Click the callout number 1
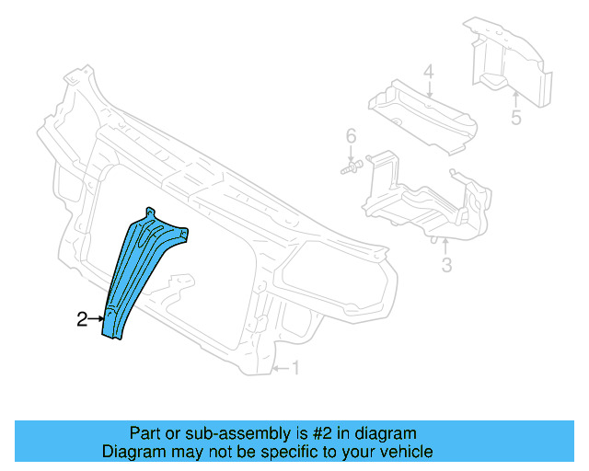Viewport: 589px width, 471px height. tap(295, 369)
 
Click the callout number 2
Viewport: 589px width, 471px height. tap(82, 319)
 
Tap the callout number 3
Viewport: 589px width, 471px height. tap(446, 267)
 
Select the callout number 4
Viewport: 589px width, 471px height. tap(428, 72)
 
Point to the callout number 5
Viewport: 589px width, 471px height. tap(515, 118)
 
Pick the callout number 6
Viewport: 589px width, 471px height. tap(350, 138)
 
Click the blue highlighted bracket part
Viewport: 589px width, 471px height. tap(138, 271)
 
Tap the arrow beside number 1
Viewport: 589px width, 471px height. tap(282, 370)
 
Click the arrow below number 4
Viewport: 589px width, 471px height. tap(428, 88)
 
